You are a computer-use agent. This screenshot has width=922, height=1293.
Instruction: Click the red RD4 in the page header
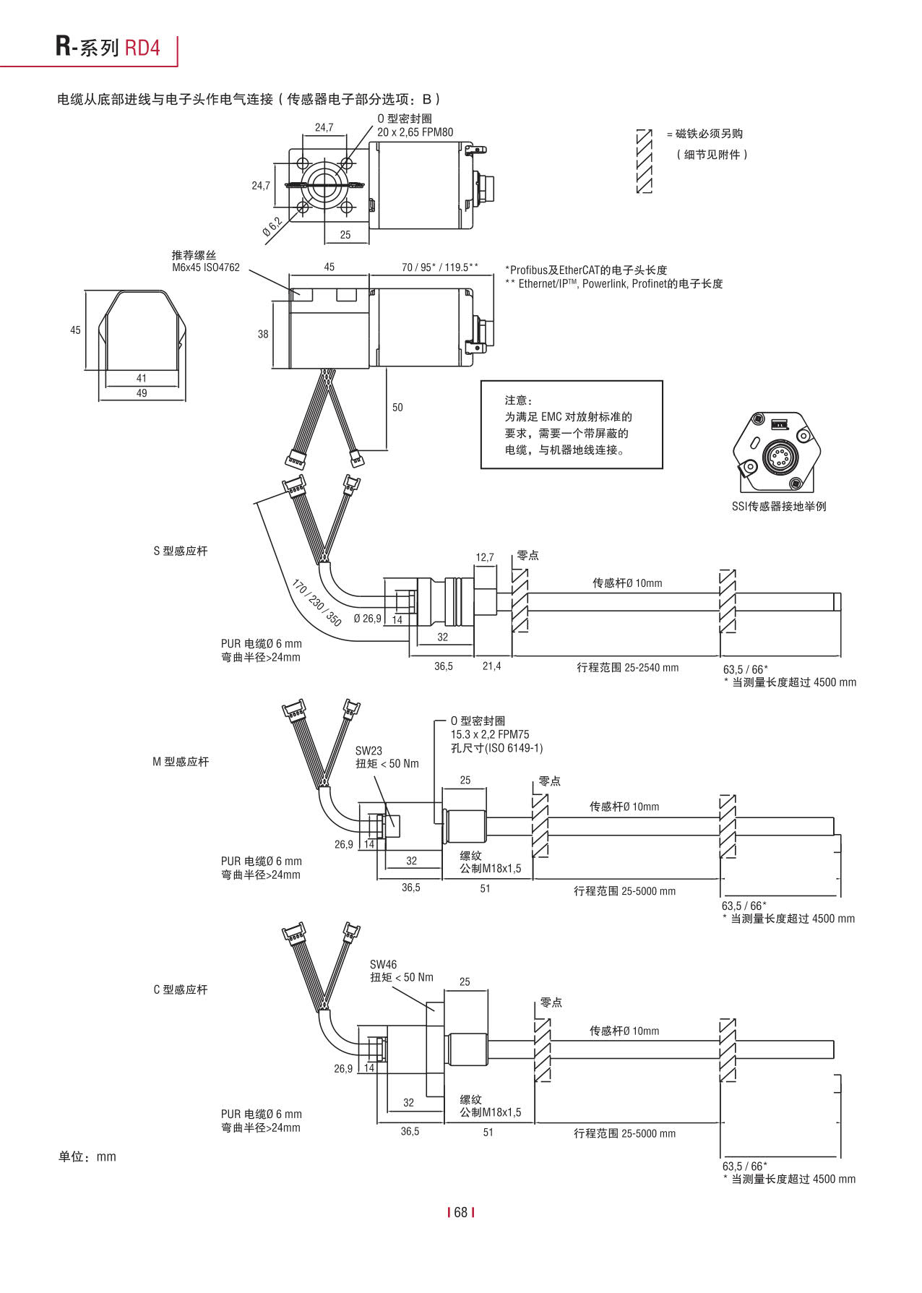point(142,48)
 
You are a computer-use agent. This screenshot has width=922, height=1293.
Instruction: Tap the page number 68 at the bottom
point(461,1212)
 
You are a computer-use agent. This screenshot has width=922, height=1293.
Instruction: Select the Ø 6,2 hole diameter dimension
point(272,227)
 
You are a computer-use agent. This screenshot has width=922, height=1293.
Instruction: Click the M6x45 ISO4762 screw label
point(206,267)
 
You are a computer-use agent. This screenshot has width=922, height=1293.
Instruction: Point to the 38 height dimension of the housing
point(263,334)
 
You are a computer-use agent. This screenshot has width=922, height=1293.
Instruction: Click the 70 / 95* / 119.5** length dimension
point(439,267)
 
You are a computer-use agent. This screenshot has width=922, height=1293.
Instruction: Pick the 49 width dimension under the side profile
point(142,393)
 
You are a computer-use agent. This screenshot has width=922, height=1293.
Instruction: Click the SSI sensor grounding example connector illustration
point(777,452)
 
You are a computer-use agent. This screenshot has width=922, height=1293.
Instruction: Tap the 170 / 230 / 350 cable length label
point(316,602)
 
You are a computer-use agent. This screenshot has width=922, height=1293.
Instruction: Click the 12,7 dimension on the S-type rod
point(485,557)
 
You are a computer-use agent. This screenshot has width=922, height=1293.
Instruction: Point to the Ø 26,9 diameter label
point(367,619)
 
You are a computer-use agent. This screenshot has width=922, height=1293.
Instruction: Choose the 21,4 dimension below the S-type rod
point(491,666)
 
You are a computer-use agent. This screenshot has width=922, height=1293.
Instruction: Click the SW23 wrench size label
point(369,751)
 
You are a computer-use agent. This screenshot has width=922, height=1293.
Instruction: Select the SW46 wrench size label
point(383,964)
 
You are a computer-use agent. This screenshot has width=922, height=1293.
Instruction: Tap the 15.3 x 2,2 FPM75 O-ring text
point(490,734)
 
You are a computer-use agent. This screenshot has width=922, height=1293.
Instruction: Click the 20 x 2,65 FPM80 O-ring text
point(415,132)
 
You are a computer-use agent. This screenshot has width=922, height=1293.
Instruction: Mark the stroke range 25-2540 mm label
point(627,668)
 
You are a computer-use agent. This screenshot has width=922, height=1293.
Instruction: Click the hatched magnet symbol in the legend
point(644,160)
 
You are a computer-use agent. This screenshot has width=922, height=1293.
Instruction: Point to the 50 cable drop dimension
point(397,408)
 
